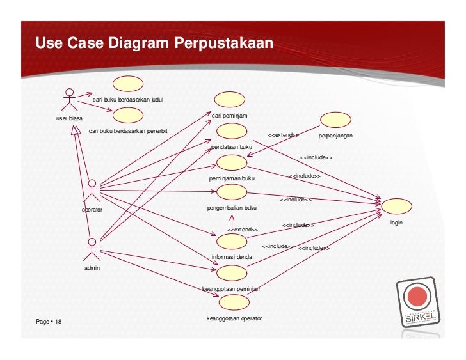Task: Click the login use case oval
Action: coord(396,207)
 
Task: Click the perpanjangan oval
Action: coord(335,120)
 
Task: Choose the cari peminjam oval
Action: coord(230,100)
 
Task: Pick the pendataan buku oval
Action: coord(232,132)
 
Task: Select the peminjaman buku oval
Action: coord(231,162)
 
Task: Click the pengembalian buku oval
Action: coord(232,192)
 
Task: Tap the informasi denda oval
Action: coord(231,241)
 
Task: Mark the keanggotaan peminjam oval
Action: coord(232,273)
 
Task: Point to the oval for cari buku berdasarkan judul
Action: coord(127,84)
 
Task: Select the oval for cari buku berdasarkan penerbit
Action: coord(127,116)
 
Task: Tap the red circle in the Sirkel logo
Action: coord(418,297)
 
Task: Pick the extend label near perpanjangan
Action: coord(282,136)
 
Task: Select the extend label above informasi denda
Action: coord(243,230)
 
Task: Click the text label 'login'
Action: coord(398,223)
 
